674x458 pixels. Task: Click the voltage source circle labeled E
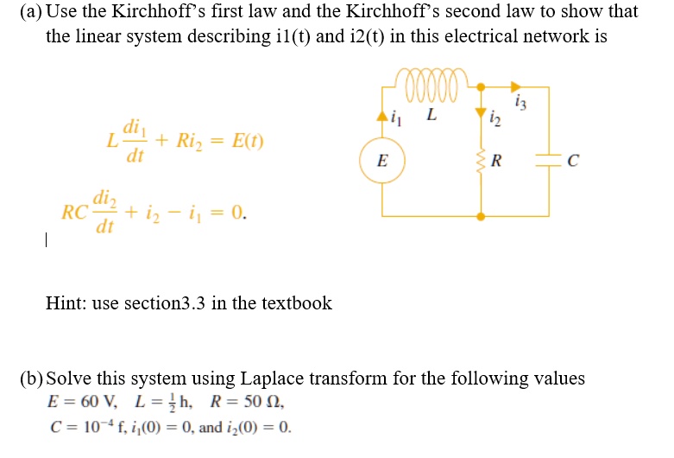[x=383, y=161]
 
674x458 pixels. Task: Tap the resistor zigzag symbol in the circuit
[x=482, y=161]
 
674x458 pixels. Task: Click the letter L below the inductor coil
[x=431, y=113]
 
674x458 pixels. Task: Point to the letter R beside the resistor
[x=494, y=162]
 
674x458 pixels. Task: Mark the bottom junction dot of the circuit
[x=482, y=216]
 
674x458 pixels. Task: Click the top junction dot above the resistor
[x=482, y=86]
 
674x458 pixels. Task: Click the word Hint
[x=64, y=302]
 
